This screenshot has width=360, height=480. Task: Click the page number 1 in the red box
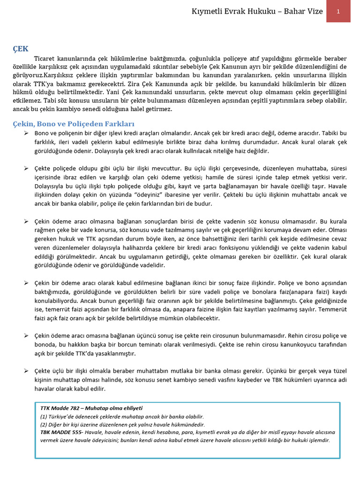[x=338, y=11]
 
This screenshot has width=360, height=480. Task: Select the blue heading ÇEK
[x=21, y=48]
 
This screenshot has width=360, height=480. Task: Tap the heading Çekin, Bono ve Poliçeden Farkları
[x=73, y=124]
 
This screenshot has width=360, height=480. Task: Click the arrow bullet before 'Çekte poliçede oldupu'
[x=26, y=168]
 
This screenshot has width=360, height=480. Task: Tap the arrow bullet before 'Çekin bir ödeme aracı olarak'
[x=26, y=283]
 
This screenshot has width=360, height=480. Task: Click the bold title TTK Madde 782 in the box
[x=61, y=408]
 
